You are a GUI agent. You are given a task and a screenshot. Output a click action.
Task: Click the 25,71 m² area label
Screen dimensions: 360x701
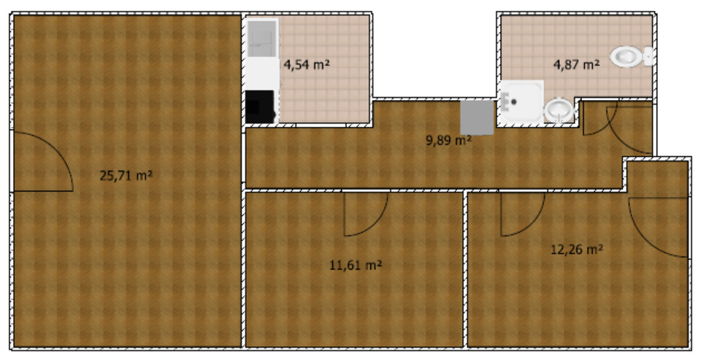click(x=126, y=175)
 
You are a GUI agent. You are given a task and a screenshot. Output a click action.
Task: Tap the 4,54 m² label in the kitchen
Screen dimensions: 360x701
click(x=307, y=64)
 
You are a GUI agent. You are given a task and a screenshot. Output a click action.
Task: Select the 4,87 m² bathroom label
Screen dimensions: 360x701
click(x=576, y=64)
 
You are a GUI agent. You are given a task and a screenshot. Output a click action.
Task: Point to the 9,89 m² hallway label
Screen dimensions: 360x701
click(x=448, y=140)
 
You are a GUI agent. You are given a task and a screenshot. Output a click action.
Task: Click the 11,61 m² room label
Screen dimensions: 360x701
click(x=356, y=265)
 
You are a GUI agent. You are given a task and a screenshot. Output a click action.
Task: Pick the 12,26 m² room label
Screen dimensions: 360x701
click(x=576, y=249)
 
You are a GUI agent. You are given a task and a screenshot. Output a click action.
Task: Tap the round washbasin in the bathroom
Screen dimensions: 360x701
click(x=559, y=110)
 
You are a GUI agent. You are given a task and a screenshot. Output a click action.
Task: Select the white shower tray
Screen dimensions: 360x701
click(x=521, y=101)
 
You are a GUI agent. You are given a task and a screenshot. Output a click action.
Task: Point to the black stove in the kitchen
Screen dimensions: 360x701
click(x=260, y=107)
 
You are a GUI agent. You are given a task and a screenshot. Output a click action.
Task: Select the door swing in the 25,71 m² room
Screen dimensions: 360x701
click(x=44, y=162)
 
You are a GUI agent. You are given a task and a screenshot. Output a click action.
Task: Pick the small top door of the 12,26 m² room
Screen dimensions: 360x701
click(x=520, y=214)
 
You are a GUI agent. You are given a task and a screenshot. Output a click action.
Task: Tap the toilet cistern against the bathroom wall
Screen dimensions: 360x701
click(x=648, y=56)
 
